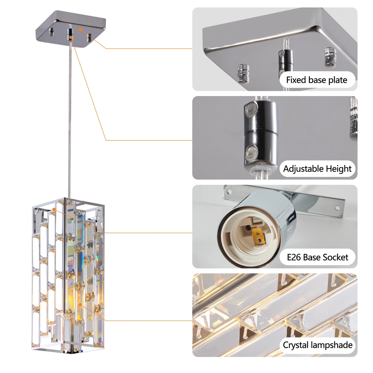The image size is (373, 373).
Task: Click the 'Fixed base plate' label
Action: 317,80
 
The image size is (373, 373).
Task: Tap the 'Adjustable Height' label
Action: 317,169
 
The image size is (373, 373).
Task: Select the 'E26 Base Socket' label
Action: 317,257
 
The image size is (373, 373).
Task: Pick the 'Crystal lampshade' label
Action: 318,345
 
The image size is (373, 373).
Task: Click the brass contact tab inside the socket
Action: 259,236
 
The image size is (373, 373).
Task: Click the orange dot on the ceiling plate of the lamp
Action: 80,29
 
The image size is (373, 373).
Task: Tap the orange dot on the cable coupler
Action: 71,37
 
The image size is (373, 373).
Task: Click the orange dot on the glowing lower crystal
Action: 80,305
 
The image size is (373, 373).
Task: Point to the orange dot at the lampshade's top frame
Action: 54,209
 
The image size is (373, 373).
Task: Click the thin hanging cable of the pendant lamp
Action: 69,116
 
